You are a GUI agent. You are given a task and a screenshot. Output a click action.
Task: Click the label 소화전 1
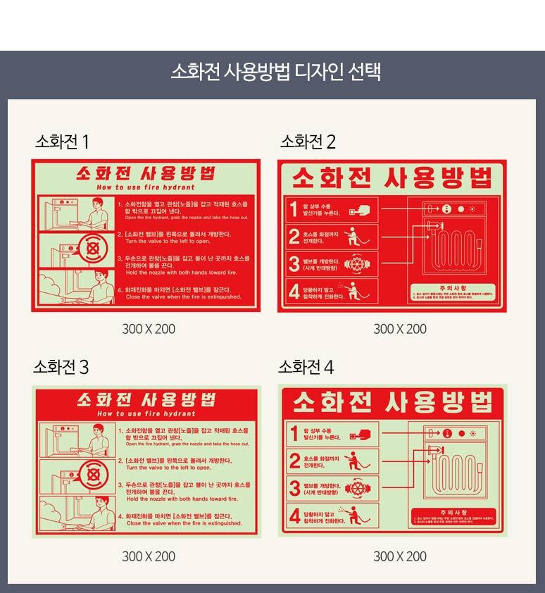(x=62, y=142)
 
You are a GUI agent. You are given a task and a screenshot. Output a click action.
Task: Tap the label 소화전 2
(x=308, y=142)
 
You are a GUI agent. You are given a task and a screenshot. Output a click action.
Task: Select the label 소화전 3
(x=61, y=368)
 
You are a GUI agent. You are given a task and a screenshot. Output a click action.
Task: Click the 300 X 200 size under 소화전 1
(x=149, y=329)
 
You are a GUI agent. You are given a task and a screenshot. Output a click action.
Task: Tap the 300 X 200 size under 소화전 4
(x=400, y=556)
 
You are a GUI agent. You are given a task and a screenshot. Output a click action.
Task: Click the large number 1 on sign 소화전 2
(x=294, y=209)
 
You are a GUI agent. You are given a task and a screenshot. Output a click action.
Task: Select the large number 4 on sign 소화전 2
(x=294, y=291)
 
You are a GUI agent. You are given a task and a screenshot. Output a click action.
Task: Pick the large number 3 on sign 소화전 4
(x=295, y=488)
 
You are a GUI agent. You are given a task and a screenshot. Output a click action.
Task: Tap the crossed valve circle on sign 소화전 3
(x=91, y=477)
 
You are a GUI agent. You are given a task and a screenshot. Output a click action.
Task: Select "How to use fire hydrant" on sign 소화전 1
(x=145, y=189)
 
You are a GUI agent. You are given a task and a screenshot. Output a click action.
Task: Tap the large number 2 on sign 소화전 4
(x=295, y=461)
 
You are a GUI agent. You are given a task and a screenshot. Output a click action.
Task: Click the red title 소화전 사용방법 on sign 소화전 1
(x=145, y=173)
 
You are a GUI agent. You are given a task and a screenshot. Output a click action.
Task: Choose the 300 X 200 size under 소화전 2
(x=400, y=329)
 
